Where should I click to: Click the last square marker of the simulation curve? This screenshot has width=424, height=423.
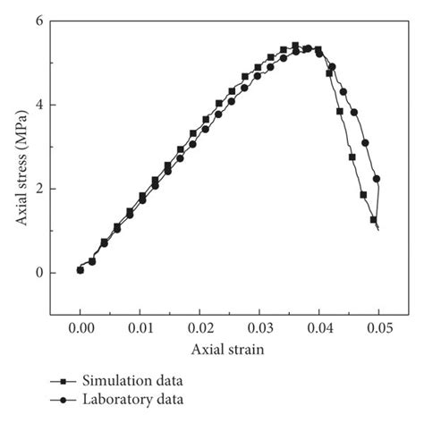pyautogui.click(x=373, y=219)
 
